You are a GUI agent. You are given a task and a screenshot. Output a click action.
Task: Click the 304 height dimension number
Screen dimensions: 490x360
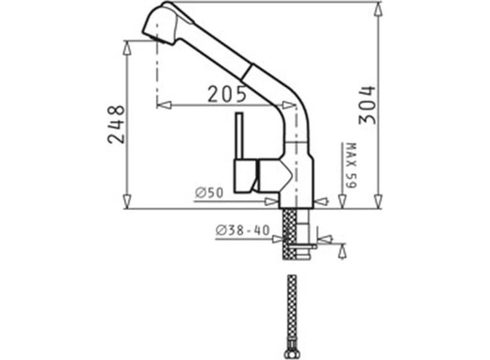click(367, 105)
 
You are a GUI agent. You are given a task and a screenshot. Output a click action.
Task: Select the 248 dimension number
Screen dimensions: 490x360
click(116, 125)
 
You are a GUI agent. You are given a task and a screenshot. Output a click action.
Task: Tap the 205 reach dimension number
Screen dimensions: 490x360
click(227, 94)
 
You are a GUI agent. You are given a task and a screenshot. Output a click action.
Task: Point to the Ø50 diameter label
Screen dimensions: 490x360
click(210, 193)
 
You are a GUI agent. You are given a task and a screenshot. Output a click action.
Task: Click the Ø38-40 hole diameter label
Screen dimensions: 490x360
click(242, 230)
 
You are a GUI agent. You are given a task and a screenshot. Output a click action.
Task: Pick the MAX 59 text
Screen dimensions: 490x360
click(352, 166)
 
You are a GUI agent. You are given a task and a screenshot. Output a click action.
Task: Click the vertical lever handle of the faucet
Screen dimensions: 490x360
click(240, 136)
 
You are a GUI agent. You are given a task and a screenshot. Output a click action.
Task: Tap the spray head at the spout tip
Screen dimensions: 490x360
click(163, 24)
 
